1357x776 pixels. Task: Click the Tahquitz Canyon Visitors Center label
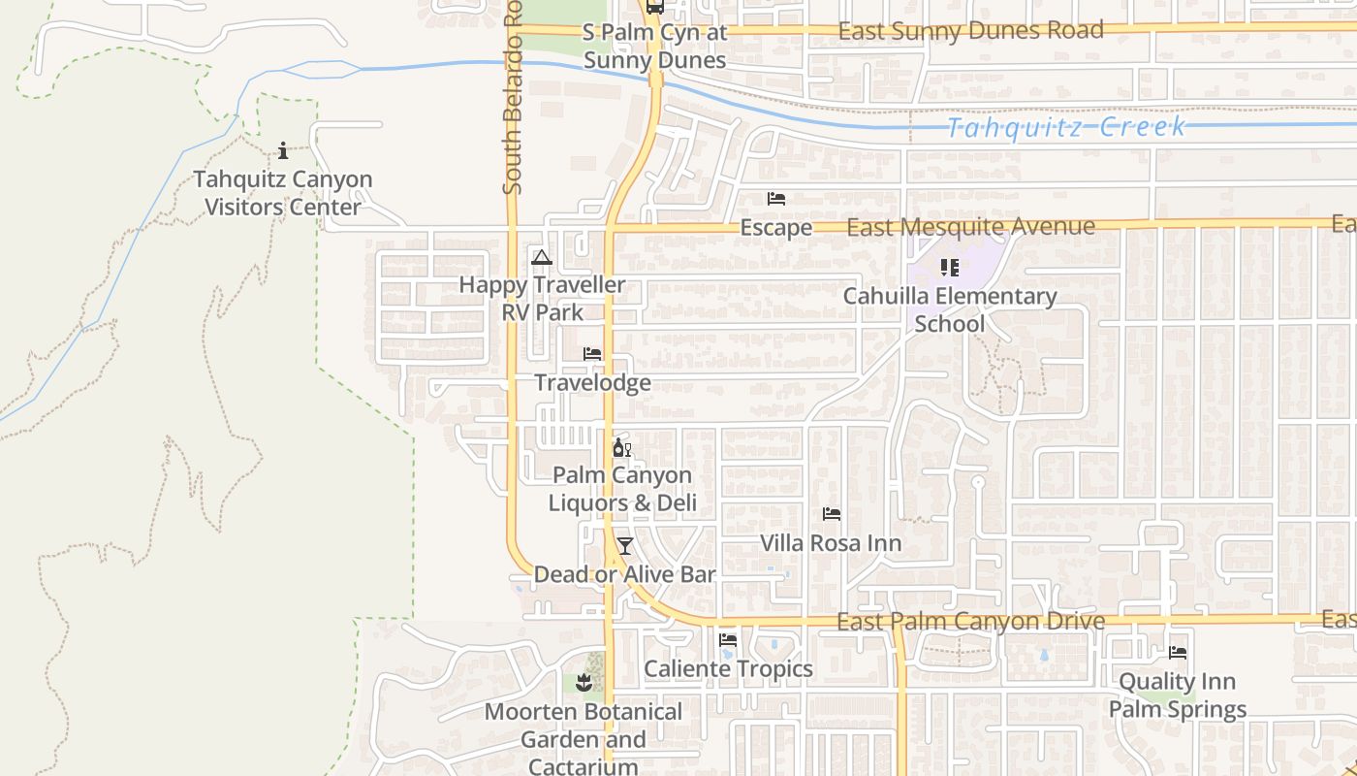(282, 193)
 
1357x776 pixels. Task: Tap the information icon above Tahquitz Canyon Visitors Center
(283, 150)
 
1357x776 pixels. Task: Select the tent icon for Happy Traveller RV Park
(542, 257)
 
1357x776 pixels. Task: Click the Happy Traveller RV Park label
(542, 299)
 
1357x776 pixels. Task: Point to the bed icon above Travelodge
(592, 354)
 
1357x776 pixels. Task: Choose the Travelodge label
(592, 383)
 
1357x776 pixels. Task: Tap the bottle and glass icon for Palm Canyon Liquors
(621, 447)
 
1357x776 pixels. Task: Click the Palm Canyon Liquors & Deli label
(622, 489)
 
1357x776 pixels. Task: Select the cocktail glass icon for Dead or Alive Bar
(625, 545)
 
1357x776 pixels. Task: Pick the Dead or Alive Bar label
(625, 574)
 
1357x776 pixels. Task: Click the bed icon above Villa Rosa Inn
(831, 514)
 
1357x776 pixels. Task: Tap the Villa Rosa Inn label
(831, 543)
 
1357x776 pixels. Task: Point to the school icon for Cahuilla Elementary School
(949, 267)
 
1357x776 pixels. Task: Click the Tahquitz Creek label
(1065, 128)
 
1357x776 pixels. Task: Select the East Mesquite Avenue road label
(971, 227)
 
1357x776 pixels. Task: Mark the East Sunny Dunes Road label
(970, 31)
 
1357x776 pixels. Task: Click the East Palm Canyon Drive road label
(970, 622)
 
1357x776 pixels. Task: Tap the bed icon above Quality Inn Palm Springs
(1178, 653)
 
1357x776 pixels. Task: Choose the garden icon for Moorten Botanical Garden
(584, 683)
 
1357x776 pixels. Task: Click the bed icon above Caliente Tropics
(728, 640)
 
